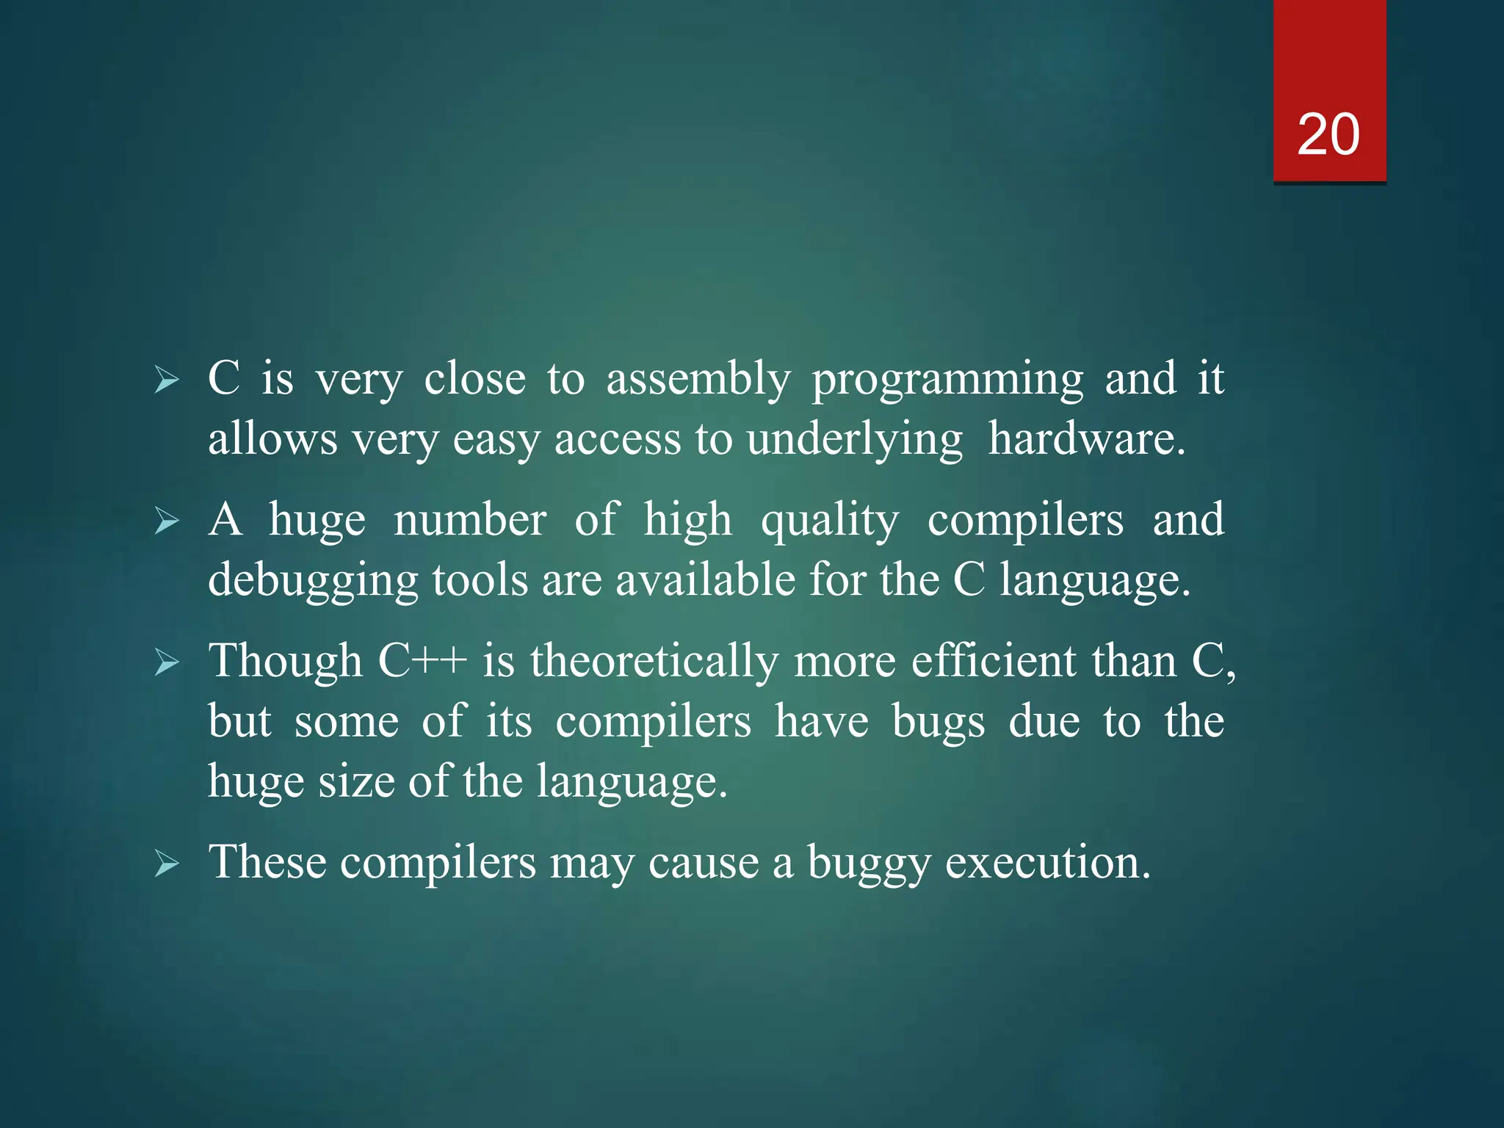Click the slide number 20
point(1328,135)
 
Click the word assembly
point(698,380)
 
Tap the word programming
point(947,380)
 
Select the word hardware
point(1086,439)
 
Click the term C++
point(422,661)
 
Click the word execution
point(1047,862)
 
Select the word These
point(267,862)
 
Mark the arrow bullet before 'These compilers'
point(167,864)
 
